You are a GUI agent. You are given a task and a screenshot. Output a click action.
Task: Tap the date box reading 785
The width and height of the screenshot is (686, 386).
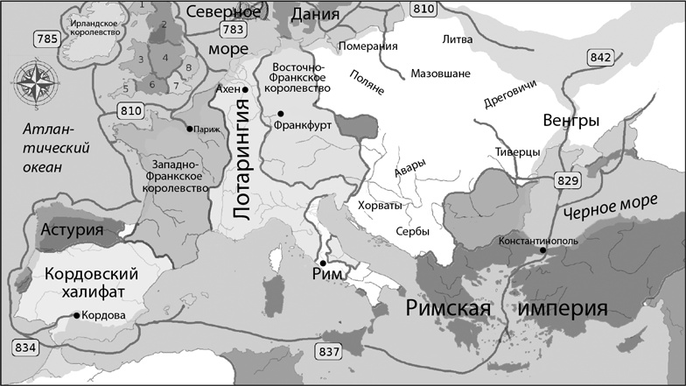(47, 39)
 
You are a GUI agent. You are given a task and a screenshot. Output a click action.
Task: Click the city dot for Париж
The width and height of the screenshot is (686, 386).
(189, 129)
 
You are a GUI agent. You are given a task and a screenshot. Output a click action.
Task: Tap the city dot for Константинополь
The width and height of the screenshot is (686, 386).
(543, 250)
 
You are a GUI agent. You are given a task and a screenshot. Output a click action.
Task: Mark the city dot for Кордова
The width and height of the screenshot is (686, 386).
(77, 315)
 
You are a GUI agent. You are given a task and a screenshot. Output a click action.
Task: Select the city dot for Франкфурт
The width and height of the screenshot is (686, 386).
(281, 114)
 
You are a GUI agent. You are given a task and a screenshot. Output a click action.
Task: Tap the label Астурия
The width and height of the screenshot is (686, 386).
(73, 231)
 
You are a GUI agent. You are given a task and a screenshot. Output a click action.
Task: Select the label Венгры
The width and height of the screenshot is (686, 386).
(570, 119)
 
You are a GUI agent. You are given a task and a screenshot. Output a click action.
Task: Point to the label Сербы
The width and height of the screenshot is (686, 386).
(413, 231)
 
